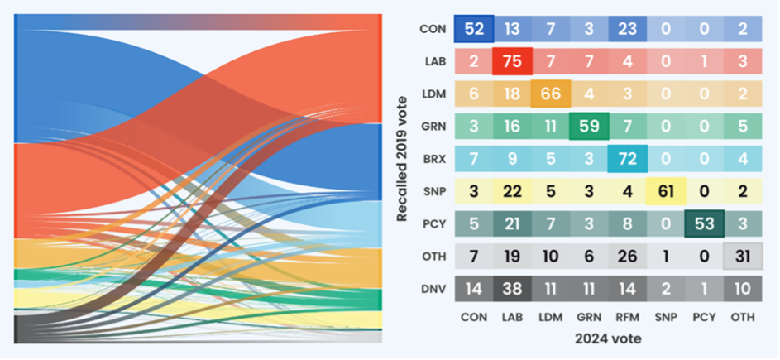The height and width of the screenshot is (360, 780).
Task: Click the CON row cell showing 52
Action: click(x=474, y=29)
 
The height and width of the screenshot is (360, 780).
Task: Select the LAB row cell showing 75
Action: click(x=512, y=61)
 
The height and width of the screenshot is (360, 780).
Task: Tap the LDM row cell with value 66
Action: click(x=550, y=94)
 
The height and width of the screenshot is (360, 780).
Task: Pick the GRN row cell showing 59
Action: click(x=588, y=126)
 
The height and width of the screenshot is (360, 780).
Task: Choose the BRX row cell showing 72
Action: click(x=626, y=158)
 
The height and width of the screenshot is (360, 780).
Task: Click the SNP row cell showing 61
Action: click(x=665, y=191)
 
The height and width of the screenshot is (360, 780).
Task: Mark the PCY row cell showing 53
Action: click(x=703, y=223)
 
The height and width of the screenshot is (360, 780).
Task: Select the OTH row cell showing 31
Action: click(x=741, y=256)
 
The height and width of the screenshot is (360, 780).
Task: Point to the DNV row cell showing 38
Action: click(x=512, y=288)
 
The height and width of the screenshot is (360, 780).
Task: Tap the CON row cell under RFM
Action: click(x=626, y=29)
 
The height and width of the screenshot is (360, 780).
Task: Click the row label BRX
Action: click(x=433, y=158)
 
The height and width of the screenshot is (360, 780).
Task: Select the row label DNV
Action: click(x=433, y=288)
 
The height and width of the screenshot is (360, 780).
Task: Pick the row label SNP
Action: click(x=433, y=191)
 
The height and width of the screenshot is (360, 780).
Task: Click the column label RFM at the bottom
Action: click(x=626, y=316)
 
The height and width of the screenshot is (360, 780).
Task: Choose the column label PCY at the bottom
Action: click(x=703, y=316)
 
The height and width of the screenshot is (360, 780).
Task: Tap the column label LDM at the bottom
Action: click(x=550, y=316)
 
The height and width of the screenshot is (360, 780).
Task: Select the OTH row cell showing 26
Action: click(x=626, y=256)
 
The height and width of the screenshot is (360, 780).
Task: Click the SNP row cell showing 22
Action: click(x=512, y=191)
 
